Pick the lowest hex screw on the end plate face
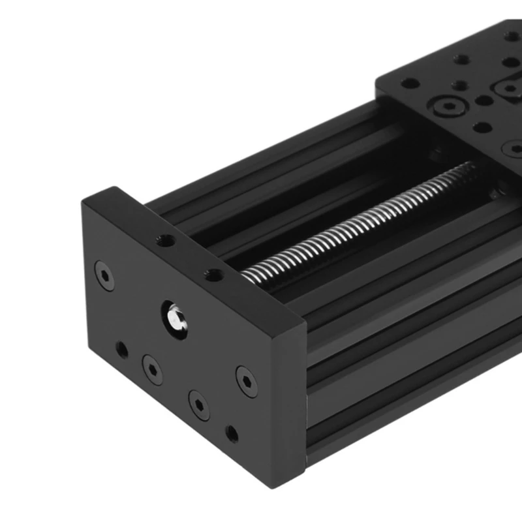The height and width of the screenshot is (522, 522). point(198,405)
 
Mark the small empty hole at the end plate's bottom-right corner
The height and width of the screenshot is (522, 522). point(232,433)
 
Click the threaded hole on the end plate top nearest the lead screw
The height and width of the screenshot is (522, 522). point(211,275)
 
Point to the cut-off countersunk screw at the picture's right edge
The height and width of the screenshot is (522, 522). point(516,149)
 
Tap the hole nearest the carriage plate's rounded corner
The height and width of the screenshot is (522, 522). point(410,84)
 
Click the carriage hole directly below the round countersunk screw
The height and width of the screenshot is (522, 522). point(482,128)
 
